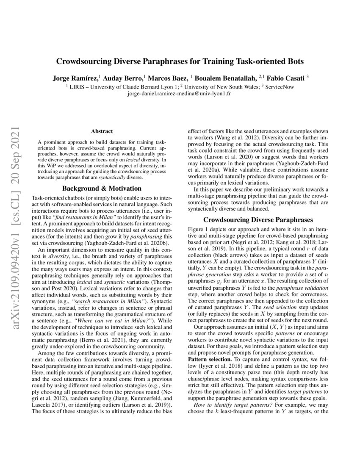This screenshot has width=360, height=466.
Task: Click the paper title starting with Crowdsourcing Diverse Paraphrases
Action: tap(180, 61)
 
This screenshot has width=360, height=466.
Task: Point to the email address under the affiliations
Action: tap(180, 93)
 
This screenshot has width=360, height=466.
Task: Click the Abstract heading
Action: tap(102, 132)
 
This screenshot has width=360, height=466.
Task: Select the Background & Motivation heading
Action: tap(102, 188)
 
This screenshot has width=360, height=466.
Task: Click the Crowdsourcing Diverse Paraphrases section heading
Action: tap(258, 220)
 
